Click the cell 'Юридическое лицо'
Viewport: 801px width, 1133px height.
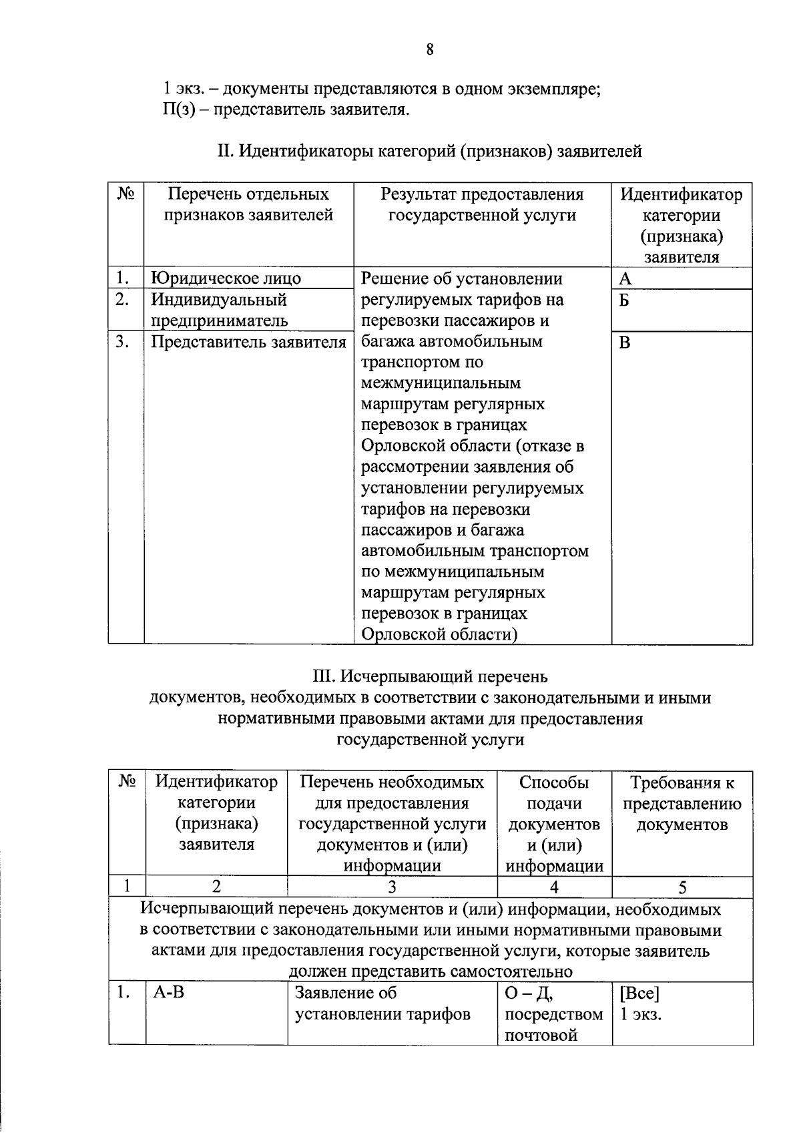click(226, 278)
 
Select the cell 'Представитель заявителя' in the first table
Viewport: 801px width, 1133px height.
click(248, 342)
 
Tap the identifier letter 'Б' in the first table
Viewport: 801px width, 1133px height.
click(624, 300)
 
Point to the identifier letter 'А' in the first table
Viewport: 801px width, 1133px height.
click(625, 278)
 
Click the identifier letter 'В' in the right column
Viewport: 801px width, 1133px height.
click(625, 343)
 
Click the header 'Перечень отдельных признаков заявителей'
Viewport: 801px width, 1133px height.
click(248, 204)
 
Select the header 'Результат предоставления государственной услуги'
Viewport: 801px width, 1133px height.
click(482, 204)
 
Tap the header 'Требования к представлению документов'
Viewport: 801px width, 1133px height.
click(682, 803)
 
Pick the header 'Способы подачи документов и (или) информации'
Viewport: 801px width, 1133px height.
click(554, 824)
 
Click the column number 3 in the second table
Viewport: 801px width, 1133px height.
click(392, 887)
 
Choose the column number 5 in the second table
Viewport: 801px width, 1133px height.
click(682, 887)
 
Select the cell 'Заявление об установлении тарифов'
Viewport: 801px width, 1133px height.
click(382, 1003)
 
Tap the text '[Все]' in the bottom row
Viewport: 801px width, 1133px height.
click(639, 993)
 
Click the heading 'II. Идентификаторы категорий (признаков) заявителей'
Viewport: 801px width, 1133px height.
click(430, 152)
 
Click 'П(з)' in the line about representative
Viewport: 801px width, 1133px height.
click(176, 109)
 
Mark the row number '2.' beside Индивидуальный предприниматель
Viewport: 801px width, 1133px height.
click(121, 300)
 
